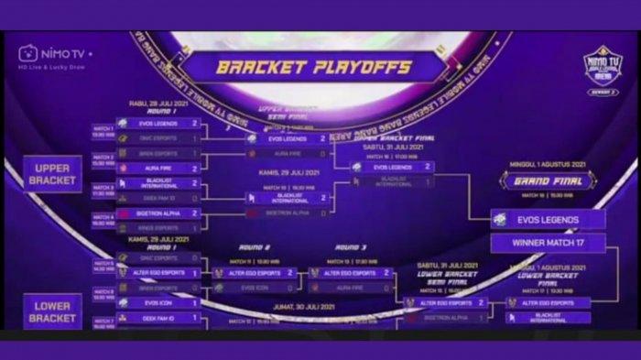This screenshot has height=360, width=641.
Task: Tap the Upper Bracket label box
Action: point(53,173)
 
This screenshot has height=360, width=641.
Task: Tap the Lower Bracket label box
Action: point(52,311)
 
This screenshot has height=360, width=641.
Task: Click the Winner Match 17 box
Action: point(547,243)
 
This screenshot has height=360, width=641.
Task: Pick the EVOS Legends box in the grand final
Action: point(547,219)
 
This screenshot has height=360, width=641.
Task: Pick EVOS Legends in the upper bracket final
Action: point(393,168)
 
